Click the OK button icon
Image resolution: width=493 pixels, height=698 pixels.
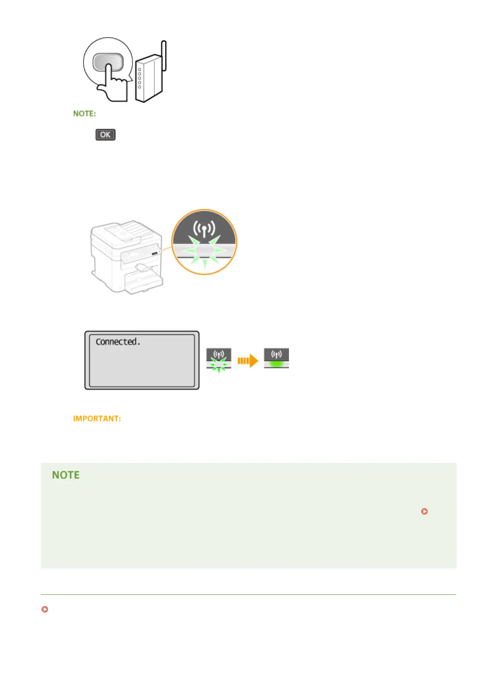[105, 135]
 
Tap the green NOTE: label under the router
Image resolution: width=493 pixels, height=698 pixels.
[84, 114]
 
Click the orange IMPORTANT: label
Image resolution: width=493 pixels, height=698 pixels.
[97, 419]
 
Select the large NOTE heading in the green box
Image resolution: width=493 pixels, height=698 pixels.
[66, 475]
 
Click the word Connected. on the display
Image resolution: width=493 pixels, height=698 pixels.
[118, 342]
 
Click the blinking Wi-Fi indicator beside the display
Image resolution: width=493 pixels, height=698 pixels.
[219, 359]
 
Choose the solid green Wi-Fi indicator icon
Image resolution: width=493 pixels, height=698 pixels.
[276, 359]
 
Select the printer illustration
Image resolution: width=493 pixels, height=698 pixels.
[126, 257]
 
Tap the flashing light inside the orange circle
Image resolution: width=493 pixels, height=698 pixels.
[204, 251]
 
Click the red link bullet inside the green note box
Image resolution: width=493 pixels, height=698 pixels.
[424, 511]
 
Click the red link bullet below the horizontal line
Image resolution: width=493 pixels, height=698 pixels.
[45, 609]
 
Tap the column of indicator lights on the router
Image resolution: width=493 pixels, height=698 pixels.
[139, 78]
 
